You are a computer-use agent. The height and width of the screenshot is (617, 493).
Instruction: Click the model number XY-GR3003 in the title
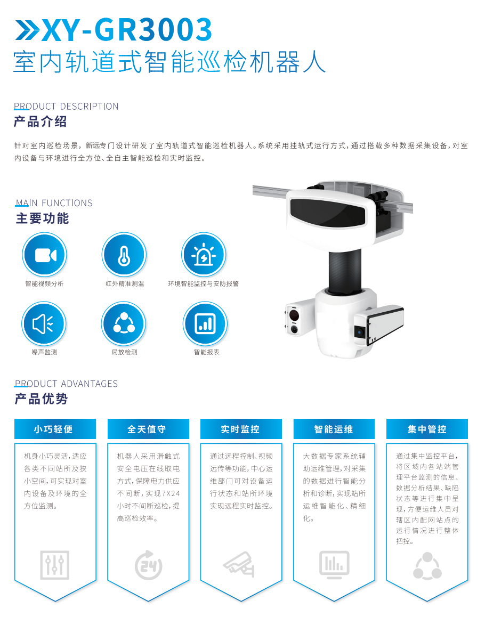[x=127, y=29]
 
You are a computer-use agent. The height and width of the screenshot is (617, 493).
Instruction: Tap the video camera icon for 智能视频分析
[x=44, y=255]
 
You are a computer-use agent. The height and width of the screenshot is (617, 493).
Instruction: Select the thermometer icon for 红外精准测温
[x=124, y=255]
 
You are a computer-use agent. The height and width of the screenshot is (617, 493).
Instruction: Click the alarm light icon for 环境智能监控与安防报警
[x=204, y=255]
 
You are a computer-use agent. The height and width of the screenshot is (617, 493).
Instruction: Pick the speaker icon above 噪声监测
[x=44, y=324]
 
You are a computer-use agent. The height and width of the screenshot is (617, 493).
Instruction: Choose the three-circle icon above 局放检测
[x=124, y=324]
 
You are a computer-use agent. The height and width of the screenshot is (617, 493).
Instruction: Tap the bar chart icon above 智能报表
[x=205, y=324]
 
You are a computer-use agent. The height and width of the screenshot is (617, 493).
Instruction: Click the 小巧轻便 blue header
[x=55, y=429]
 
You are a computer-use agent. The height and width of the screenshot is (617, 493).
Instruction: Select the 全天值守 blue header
[x=148, y=429]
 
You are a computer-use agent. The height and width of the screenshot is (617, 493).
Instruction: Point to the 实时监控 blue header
[x=241, y=429]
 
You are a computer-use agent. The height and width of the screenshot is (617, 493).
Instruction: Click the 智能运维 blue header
[x=334, y=429]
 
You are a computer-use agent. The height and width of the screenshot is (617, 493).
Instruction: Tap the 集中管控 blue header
[x=427, y=429]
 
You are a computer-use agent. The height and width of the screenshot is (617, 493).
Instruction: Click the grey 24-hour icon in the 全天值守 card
[x=148, y=565]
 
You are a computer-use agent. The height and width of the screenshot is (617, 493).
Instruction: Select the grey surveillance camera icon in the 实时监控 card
[x=239, y=564]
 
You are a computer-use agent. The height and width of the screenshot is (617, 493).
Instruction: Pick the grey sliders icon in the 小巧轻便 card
[x=55, y=565]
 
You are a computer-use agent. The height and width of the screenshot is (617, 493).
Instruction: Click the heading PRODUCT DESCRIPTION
[x=66, y=106]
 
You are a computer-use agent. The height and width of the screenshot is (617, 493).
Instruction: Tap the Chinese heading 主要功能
[x=43, y=218]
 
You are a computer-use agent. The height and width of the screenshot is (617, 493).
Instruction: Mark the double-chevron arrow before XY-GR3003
[x=28, y=30]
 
